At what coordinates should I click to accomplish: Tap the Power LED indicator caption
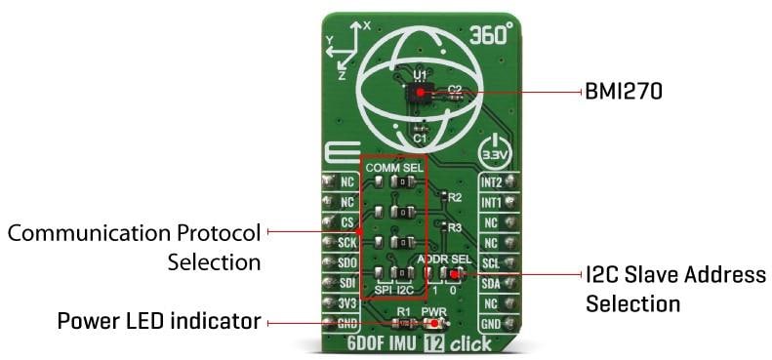[x=159, y=321]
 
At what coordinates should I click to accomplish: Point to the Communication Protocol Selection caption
[x=135, y=248]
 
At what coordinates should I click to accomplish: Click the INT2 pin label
[x=492, y=181]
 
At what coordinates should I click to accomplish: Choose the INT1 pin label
[x=492, y=202]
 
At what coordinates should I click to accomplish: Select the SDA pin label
[x=492, y=283]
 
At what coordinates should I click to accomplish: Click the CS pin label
[x=346, y=221]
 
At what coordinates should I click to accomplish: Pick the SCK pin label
[x=345, y=242]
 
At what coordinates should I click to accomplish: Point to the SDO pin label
[x=345, y=262]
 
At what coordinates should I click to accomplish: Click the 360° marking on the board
[x=493, y=32]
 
